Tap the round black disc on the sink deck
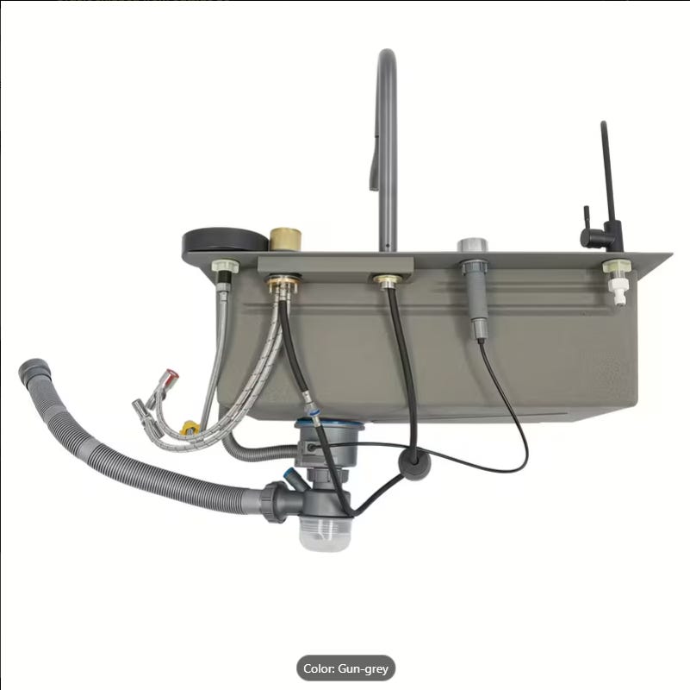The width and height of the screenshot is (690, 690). pyautogui.click(x=226, y=241)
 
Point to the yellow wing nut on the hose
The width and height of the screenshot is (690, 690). pyautogui.click(x=190, y=428)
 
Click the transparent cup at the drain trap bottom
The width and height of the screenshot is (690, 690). pyautogui.click(x=324, y=533)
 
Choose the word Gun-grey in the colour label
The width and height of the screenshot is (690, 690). pyautogui.click(x=363, y=668)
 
